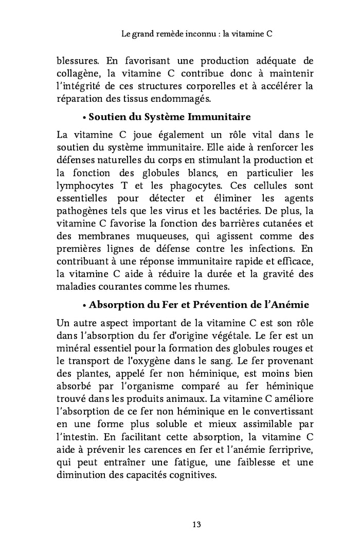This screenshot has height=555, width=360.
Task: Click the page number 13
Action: point(196,524)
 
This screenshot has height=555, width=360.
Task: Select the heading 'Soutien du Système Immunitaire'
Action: point(170,117)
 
